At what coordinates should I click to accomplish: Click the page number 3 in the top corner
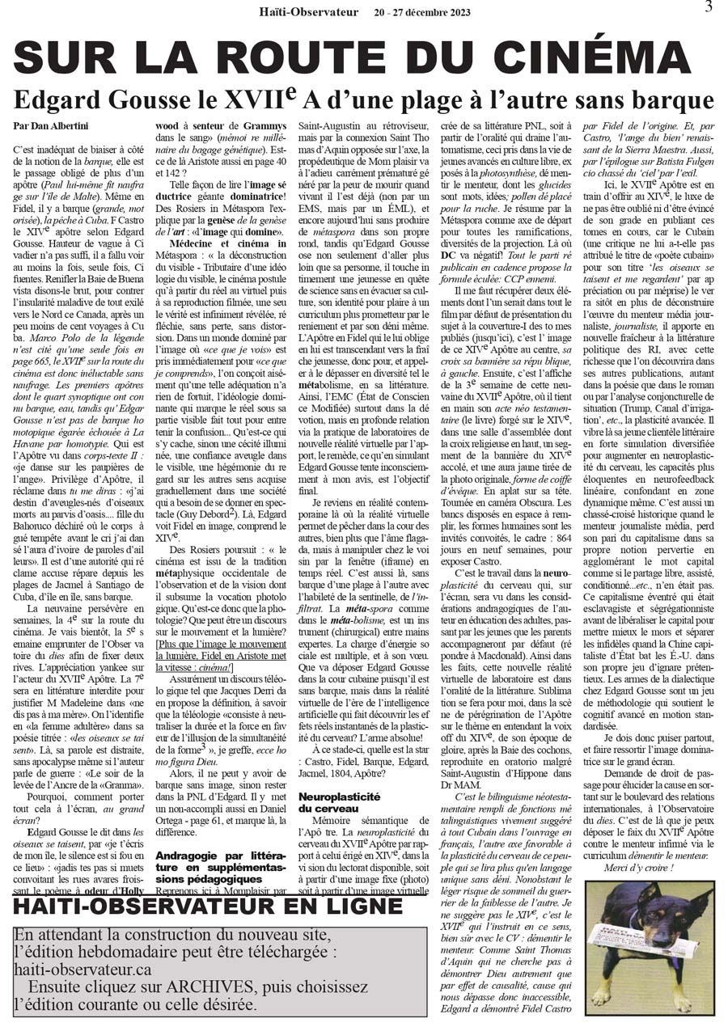click(709, 7)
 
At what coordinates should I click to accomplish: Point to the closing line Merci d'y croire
click(637, 867)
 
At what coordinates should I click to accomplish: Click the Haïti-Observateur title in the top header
click(306, 12)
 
